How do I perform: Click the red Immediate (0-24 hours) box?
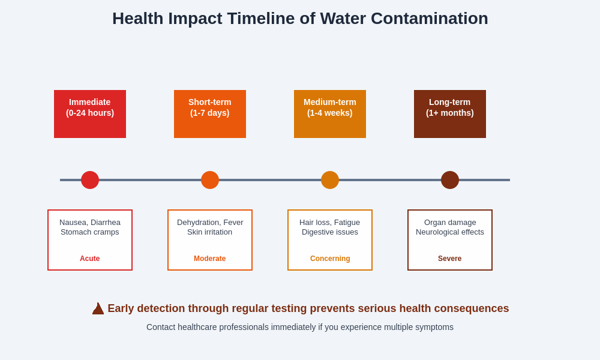click(90, 114)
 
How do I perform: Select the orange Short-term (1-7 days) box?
click(210, 114)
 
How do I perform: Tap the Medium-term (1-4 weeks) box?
click(330, 114)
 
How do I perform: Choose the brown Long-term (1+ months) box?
click(450, 114)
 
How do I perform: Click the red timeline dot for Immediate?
click(90, 180)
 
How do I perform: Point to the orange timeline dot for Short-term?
click(210, 180)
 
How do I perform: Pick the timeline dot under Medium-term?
click(330, 180)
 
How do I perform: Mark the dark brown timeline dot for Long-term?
click(450, 180)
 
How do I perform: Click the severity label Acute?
click(90, 259)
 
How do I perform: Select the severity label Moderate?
click(210, 259)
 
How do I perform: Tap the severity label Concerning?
click(330, 259)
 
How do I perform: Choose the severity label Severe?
click(450, 259)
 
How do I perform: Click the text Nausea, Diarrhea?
click(90, 223)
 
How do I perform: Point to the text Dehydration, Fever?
click(210, 223)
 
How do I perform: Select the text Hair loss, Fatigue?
click(330, 223)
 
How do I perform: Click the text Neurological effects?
click(450, 232)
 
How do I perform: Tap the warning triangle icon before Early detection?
click(98, 309)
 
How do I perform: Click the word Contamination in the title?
click(429, 19)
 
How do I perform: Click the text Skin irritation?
click(210, 232)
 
